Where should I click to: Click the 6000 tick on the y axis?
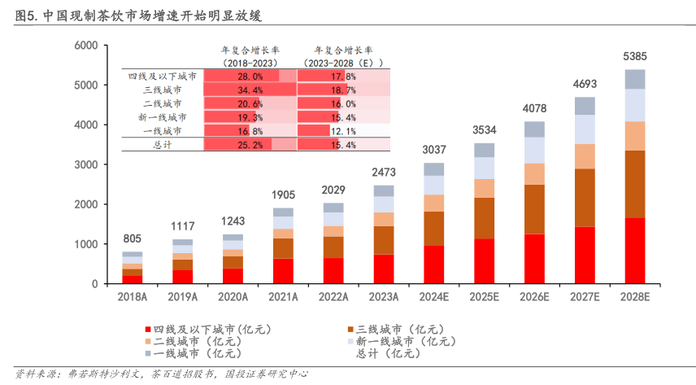pyautogui.click(x=85, y=46)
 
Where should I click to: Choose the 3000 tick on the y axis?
pyautogui.click(x=85, y=164)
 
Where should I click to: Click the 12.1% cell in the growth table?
pyautogui.click(x=343, y=130)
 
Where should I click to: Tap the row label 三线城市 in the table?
pyautogui.click(x=163, y=90)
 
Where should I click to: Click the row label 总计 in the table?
pyautogui.click(x=163, y=145)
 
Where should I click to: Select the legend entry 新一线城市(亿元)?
pyautogui.click(x=407, y=342)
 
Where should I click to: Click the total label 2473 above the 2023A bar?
pyautogui.click(x=384, y=173)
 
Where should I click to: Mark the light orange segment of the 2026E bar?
pyautogui.click(x=534, y=173)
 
